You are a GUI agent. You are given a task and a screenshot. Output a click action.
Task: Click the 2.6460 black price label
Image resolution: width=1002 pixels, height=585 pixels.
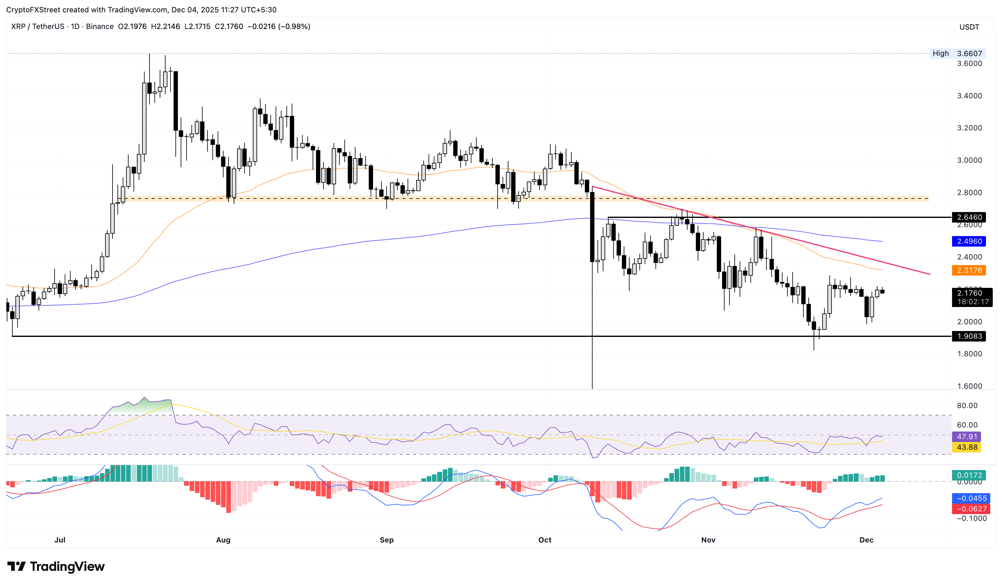(969, 217)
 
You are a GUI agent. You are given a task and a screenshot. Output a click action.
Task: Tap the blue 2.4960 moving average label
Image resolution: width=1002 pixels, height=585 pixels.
(969, 241)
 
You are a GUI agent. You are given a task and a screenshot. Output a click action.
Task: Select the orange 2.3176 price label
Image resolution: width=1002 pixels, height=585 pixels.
(969, 270)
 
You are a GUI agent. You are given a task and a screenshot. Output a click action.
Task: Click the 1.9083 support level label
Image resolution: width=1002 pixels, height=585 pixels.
(969, 336)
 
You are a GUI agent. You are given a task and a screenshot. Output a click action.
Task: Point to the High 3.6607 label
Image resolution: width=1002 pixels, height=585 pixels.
(957, 53)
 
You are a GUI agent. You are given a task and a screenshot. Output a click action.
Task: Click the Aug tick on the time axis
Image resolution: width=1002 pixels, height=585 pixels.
(223, 540)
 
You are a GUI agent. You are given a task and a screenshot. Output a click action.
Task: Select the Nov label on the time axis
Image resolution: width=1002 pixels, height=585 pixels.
(708, 540)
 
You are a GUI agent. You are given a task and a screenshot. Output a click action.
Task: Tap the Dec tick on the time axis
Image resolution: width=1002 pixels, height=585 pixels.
(866, 540)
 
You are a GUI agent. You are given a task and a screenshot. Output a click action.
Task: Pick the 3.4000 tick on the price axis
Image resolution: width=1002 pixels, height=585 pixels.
(969, 96)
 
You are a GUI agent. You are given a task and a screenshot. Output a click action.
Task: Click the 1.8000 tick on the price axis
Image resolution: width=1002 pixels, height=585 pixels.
(969, 354)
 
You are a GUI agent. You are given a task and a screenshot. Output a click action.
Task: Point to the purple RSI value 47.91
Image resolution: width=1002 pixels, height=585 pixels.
(967, 437)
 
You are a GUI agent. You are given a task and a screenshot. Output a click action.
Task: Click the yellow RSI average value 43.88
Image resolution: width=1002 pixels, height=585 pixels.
(967, 447)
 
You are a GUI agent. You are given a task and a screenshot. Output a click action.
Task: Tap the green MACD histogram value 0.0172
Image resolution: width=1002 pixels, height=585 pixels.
(969, 475)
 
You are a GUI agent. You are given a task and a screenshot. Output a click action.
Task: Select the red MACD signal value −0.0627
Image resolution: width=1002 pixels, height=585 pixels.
(969, 509)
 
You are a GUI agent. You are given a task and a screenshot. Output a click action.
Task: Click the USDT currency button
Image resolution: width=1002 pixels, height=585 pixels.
(969, 27)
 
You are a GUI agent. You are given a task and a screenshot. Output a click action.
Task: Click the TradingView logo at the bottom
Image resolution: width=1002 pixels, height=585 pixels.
(56, 566)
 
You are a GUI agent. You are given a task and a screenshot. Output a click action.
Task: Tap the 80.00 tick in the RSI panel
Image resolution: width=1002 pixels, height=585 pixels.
(967, 405)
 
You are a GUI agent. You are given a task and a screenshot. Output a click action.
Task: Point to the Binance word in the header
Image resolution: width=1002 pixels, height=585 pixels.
(99, 27)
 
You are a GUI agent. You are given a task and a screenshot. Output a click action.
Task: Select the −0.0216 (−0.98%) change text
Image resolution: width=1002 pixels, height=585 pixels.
(279, 27)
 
